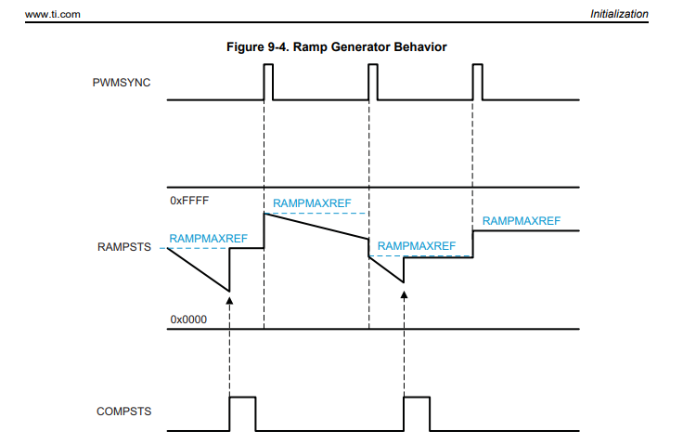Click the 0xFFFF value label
pos(189,201)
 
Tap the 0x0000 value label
pos(188,320)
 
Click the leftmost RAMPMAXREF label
pos(209,239)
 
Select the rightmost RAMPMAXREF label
pos(522,221)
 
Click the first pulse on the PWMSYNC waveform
pos(268,82)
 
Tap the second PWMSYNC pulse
pos(373,82)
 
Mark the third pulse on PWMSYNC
pos(478,82)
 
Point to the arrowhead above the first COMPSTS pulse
pos(229,300)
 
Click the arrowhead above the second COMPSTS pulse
pos(404,292)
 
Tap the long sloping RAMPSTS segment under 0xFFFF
pos(316,226)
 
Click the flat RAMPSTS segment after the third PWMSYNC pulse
pos(526,231)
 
